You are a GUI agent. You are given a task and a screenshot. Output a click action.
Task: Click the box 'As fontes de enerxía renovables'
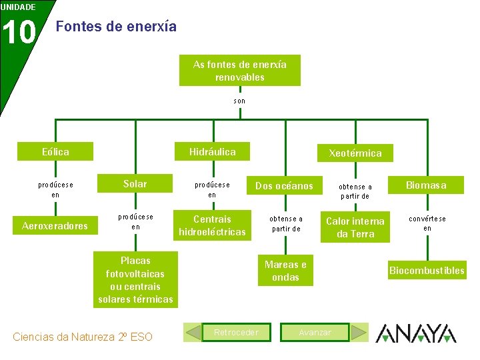(239, 71)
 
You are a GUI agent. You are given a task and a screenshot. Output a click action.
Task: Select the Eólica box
(55, 152)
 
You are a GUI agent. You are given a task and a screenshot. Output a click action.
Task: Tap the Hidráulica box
(212, 152)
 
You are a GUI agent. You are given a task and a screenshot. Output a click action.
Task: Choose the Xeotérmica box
(355, 153)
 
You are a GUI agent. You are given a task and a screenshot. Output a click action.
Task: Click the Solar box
(135, 184)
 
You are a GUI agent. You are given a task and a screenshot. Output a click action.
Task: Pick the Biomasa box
(427, 185)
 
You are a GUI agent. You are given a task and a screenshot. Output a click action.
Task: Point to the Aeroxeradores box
(55, 226)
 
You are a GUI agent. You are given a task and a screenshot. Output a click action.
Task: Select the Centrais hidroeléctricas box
(212, 225)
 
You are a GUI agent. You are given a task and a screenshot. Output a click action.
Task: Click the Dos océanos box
(284, 186)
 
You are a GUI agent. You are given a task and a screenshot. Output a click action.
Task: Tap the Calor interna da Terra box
(355, 227)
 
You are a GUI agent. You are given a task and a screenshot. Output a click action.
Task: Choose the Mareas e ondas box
(285, 271)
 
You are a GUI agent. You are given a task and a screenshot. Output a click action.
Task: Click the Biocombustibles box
(427, 271)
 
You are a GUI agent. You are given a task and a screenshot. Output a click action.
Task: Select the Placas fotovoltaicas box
(135, 280)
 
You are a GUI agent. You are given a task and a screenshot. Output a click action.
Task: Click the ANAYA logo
(416, 333)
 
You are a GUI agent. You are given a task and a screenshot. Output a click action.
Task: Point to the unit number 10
(19, 31)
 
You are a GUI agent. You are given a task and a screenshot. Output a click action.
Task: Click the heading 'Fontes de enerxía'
(117, 27)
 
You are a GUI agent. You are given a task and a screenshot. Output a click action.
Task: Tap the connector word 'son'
(239, 101)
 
